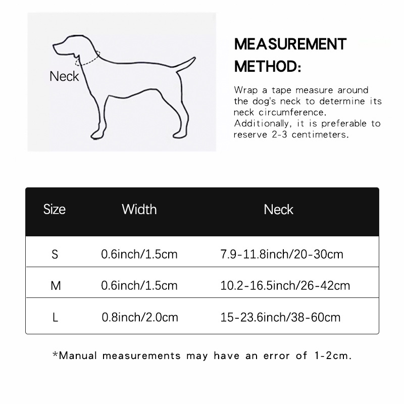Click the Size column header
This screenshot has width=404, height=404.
coord(55,209)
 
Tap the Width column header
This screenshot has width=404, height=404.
coord(139,209)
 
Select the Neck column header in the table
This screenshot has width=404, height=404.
coord(278,209)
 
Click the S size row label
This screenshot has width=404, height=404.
coord(55,254)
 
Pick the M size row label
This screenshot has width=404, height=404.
coord(56,286)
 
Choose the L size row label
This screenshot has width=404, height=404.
coord(55,318)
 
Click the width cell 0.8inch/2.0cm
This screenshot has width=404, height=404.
coord(140,318)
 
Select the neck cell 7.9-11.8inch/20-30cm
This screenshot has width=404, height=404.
coord(282,254)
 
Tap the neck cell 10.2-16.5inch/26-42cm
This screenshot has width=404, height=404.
coord(285,286)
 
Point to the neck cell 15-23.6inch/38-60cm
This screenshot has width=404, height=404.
coord(280,318)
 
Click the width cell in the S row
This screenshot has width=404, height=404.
coord(139,254)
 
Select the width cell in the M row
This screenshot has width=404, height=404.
coord(139,286)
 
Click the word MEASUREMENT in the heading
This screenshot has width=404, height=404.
coord(290,44)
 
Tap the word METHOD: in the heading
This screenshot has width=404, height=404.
coord(268,66)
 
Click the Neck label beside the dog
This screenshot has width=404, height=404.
coord(64,76)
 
